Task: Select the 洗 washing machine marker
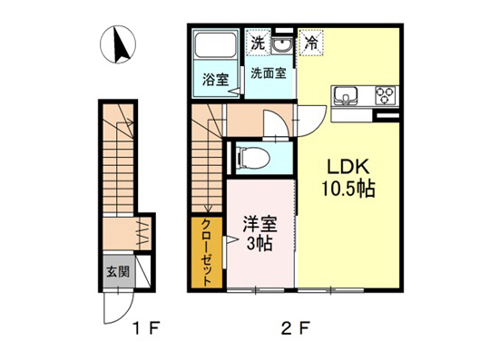pyautogui.click(x=258, y=42)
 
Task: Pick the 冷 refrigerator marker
pyautogui.click(x=311, y=42)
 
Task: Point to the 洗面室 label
pyautogui.click(x=269, y=73)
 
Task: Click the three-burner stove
pyautogui.click(x=384, y=94)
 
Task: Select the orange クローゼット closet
pyautogui.click(x=206, y=254)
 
